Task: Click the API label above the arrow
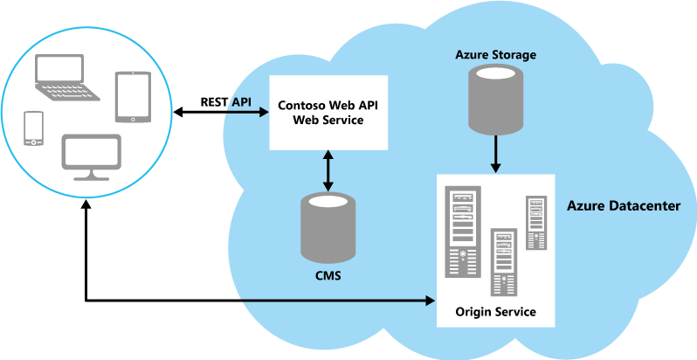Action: click(241, 102)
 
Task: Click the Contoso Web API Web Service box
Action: click(328, 113)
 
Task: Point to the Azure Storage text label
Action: click(495, 55)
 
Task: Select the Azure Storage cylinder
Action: click(495, 98)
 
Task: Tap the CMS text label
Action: click(328, 277)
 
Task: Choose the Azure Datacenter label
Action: click(624, 206)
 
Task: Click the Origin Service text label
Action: click(495, 312)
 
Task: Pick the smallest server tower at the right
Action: click(535, 225)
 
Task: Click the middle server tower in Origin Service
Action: click(503, 263)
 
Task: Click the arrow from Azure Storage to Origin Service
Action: click(495, 153)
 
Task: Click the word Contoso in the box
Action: click(299, 106)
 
